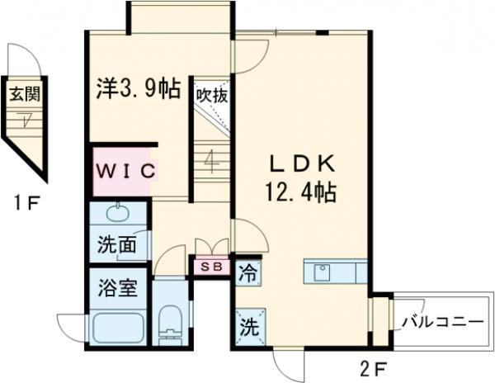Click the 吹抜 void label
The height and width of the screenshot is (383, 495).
tap(211, 94)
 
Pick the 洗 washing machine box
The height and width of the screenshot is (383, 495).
tap(248, 324)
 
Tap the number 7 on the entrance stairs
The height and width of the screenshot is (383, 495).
tap(28, 120)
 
